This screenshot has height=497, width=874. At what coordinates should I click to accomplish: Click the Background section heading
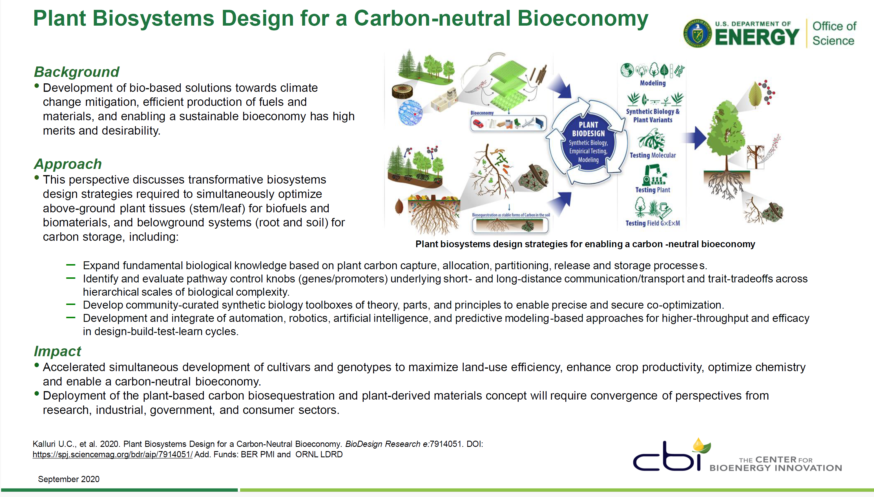(77, 72)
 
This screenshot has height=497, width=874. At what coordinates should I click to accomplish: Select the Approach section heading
(68, 164)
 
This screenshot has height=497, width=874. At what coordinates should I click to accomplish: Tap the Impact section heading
(57, 351)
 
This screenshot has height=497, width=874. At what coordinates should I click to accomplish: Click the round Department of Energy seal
(697, 33)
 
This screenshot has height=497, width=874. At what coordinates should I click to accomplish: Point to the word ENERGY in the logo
(757, 37)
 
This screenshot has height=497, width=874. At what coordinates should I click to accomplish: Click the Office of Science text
(834, 33)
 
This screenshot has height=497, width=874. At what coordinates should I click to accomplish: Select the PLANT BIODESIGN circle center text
(588, 142)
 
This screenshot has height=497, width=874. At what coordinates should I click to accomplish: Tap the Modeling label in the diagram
(652, 83)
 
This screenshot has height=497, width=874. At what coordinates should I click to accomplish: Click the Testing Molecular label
(652, 155)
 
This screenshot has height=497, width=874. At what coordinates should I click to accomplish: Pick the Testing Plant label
(652, 190)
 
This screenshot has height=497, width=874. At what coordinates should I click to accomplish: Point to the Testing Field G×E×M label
(652, 223)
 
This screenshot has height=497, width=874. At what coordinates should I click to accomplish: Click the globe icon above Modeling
(627, 70)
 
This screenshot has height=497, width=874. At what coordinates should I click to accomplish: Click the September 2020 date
(69, 479)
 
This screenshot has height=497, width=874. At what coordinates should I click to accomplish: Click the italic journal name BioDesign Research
(383, 444)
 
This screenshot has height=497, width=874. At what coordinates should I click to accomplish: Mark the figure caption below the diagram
(585, 244)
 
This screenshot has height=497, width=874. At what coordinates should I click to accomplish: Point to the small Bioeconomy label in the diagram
(482, 113)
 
